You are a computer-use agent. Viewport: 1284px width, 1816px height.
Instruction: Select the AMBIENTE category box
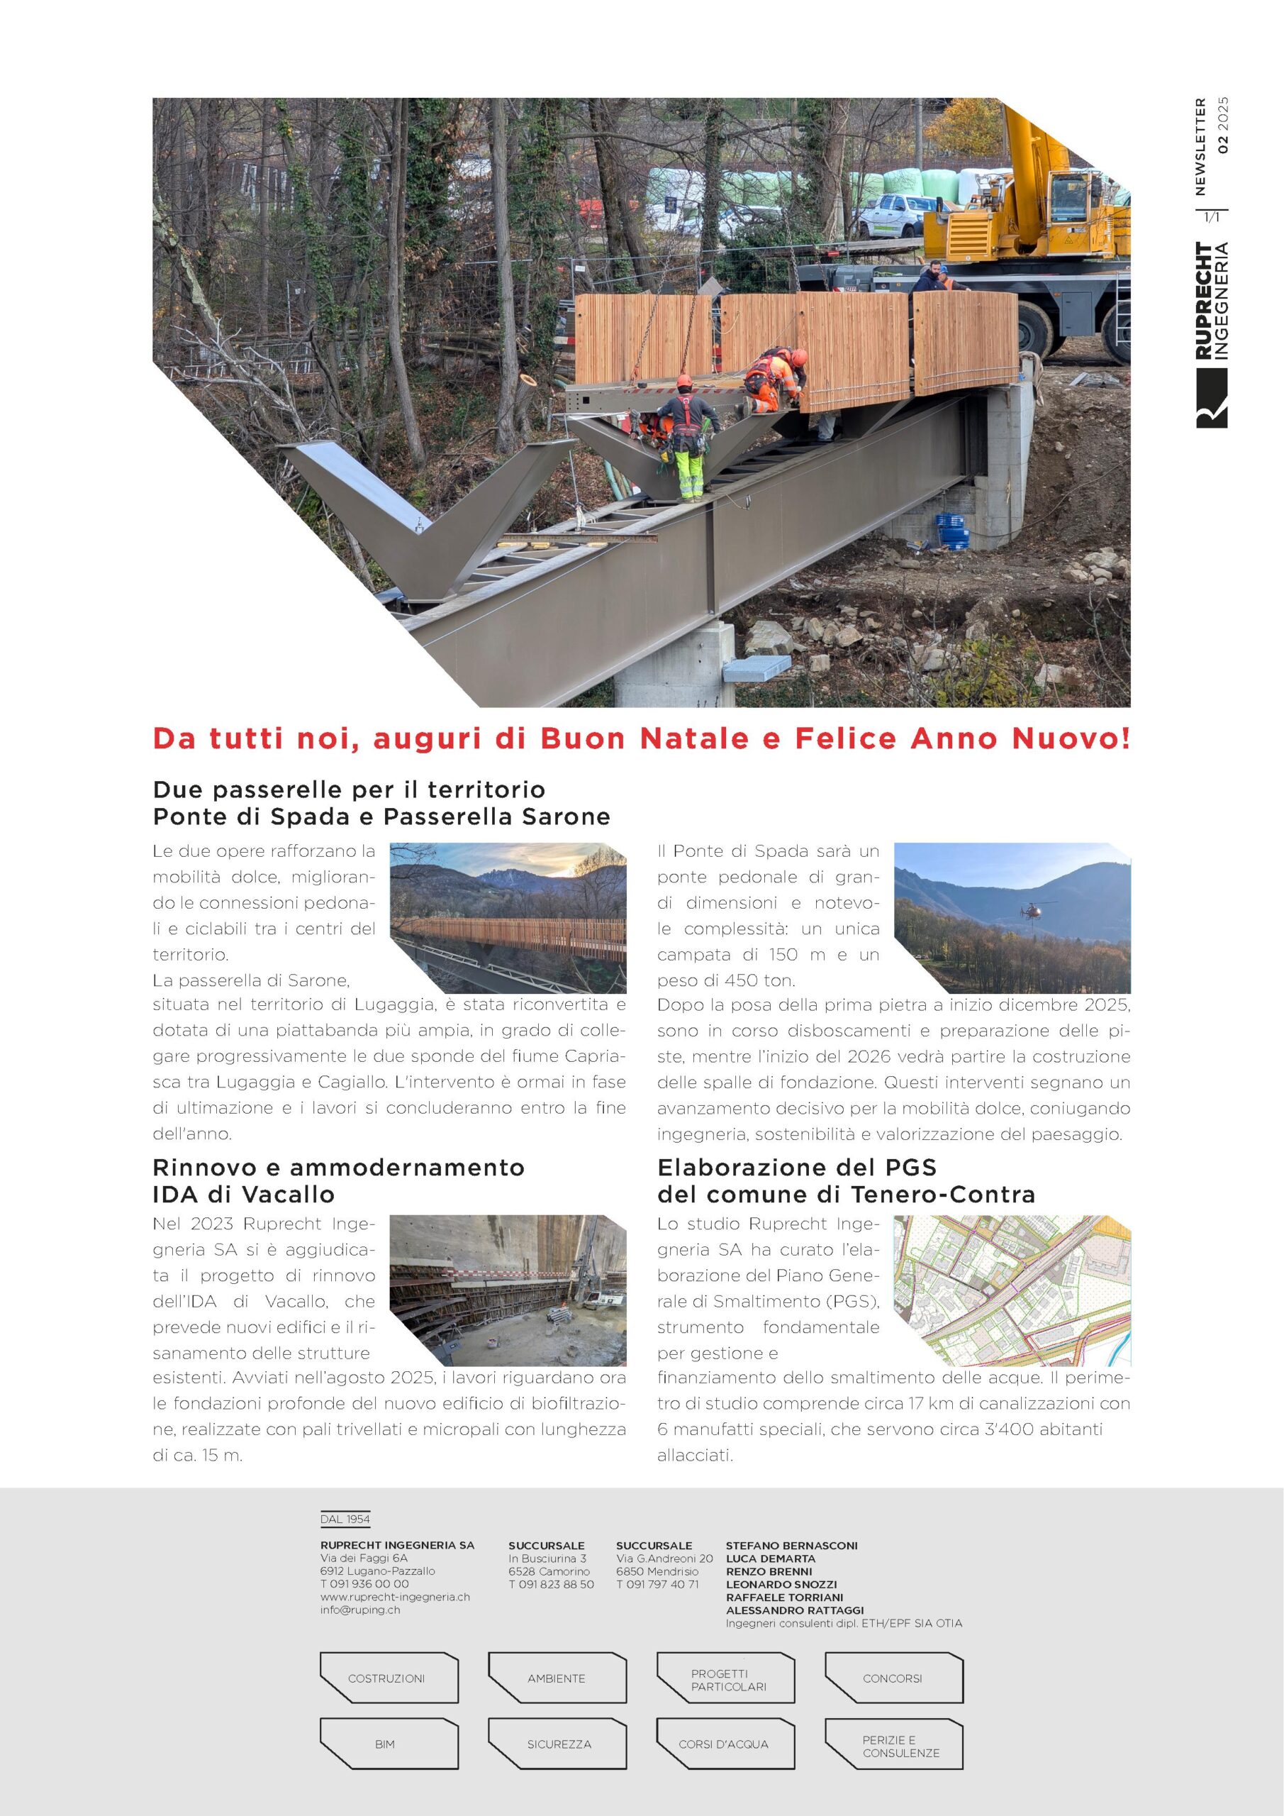click(557, 1678)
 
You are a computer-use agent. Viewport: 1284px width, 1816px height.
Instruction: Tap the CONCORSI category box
click(893, 1678)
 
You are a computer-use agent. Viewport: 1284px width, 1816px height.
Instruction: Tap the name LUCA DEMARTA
click(770, 1558)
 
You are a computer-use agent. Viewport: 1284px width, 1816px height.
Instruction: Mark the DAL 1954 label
click(345, 1519)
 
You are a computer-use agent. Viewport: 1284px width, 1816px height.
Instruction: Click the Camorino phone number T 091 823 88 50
click(551, 1584)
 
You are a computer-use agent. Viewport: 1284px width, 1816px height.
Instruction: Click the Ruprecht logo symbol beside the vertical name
click(1211, 399)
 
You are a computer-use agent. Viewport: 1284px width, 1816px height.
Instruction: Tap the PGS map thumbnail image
click(1012, 1290)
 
